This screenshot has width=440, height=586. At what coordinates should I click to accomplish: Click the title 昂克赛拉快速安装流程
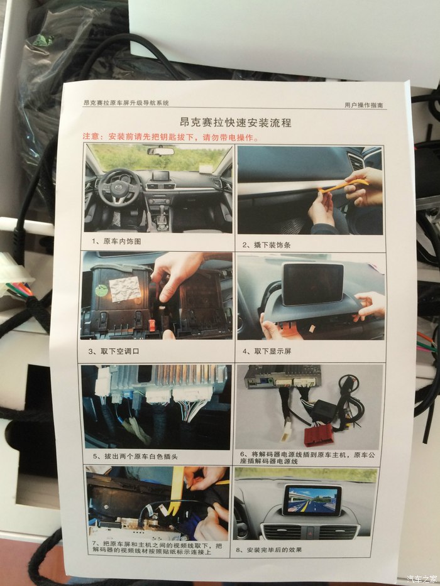(235, 122)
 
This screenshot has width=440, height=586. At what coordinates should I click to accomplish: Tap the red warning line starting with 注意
(170, 137)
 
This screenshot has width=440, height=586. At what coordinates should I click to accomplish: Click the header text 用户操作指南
(364, 105)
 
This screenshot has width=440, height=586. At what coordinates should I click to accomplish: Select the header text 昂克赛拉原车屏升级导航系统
(126, 102)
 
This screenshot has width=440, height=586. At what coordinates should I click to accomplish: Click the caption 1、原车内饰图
(116, 241)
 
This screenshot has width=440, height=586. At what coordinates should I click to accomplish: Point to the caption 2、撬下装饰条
(266, 245)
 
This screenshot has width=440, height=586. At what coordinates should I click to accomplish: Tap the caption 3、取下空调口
(114, 351)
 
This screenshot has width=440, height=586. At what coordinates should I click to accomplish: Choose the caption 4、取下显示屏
(267, 351)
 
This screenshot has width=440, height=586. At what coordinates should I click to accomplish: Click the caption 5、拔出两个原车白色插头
(135, 457)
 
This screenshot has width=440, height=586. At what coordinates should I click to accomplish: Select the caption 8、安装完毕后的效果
(268, 550)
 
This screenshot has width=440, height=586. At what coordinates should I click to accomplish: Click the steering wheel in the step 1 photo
(119, 186)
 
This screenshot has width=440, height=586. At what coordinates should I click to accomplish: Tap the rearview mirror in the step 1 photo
(160, 151)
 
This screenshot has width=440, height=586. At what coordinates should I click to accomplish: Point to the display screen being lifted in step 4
(312, 283)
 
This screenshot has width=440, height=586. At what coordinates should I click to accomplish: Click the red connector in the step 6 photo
(319, 435)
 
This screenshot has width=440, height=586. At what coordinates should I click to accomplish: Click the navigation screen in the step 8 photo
(312, 501)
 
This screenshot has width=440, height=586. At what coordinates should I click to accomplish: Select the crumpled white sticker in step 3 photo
(125, 290)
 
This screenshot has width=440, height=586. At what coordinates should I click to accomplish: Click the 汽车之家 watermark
(421, 579)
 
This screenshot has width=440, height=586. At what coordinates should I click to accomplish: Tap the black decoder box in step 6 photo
(323, 411)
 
